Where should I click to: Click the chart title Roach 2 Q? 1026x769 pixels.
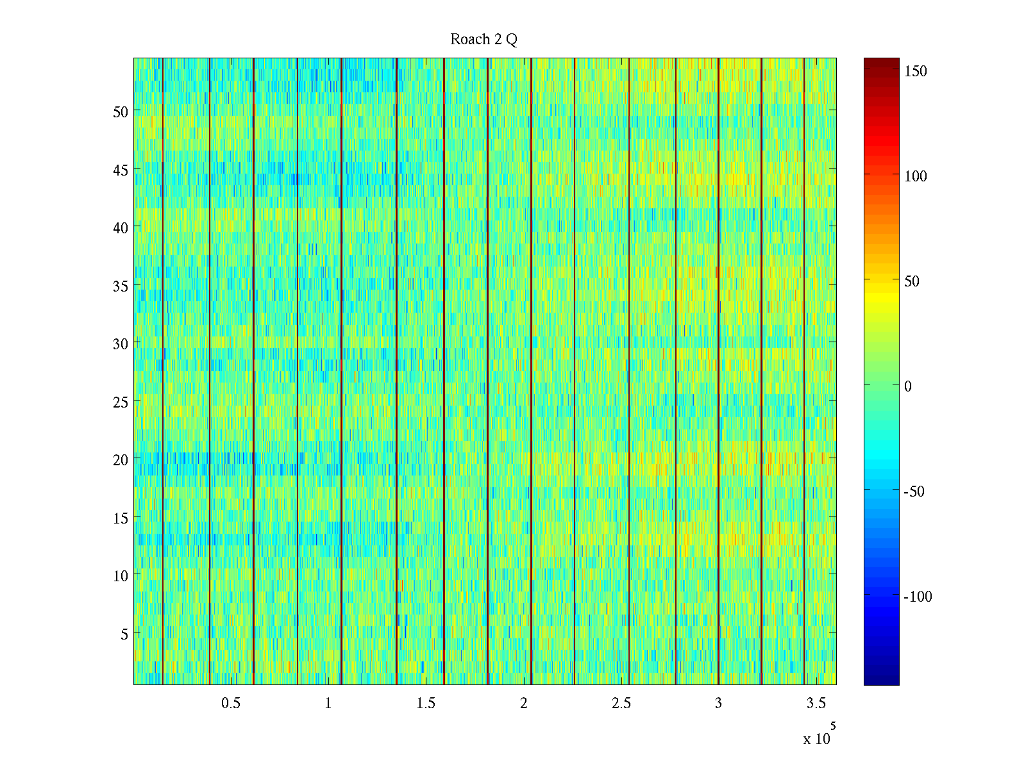click(x=484, y=40)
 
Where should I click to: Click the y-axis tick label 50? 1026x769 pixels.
click(x=121, y=112)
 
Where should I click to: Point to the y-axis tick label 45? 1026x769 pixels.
click(x=121, y=170)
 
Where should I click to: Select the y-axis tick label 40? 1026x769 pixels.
click(x=121, y=227)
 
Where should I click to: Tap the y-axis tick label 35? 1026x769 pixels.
click(x=121, y=286)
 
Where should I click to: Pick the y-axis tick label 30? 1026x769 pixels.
click(x=121, y=343)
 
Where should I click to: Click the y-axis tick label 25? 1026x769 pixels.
click(x=121, y=402)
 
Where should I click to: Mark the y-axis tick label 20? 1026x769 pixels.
click(x=121, y=459)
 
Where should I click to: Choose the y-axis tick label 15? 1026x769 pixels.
click(x=121, y=518)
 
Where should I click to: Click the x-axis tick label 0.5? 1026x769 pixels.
click(x=231, y=704)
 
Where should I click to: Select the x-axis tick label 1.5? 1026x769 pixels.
click(x=426, y=704)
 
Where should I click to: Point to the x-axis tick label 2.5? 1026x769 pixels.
click(x=621, y=704)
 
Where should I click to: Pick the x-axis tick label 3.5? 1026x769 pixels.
click(x=816, y=704)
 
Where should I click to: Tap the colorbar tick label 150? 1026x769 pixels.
click(x=916, y=71)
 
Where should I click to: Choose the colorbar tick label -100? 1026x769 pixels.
click(x=918, y=597)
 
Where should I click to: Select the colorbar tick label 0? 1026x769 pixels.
click(x=908, y=386)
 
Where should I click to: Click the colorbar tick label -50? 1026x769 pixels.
click(x=914, y=492)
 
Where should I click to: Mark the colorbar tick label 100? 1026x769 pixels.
click(x=916, y=176)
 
